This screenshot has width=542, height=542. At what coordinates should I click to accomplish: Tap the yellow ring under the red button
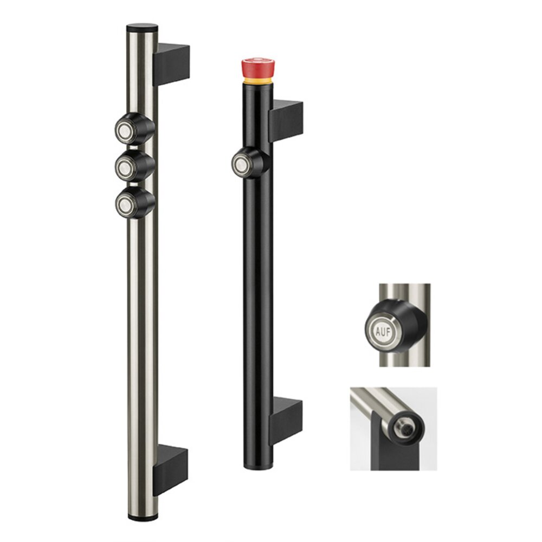click(x=257, y=80)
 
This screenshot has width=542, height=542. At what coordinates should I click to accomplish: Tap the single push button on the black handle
click(x=240, y=162)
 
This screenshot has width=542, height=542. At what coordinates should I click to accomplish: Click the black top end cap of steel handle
click(x=142, y=26)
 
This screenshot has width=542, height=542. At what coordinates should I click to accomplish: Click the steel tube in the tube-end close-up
click(x=374, y=404)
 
